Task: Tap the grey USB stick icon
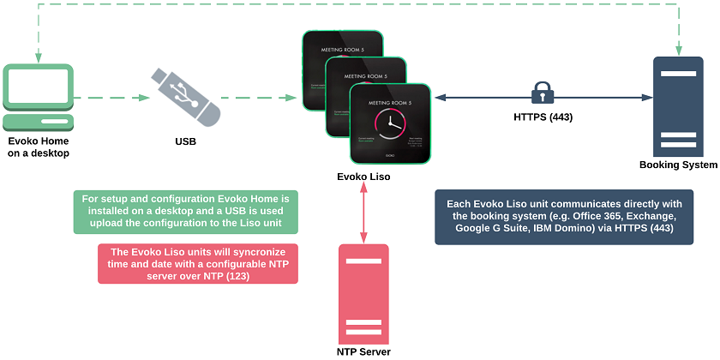[186, 93]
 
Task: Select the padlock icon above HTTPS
[542, 92]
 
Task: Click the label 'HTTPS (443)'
[543, 117]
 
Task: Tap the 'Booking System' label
[678, 165]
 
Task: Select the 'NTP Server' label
[364, 351]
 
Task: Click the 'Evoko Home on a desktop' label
[39, 147]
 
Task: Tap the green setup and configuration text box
[185, 212]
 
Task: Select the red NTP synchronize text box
[185, 265]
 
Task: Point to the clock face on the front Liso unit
[389, 122]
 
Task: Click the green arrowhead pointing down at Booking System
[679, 50]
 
